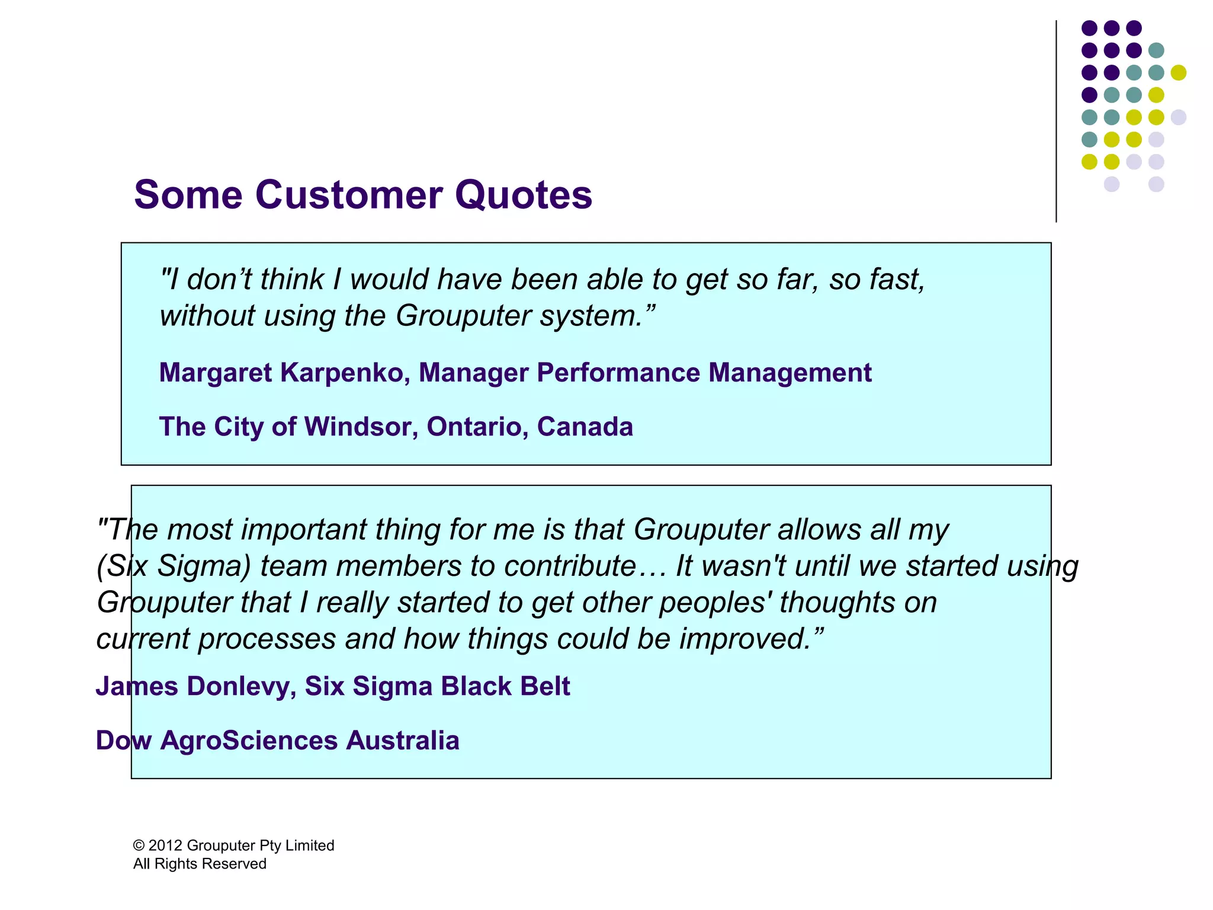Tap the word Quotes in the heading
(524, 194)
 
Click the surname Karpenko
(345, 373)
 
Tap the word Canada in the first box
(585, 427)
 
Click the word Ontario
(477, 427)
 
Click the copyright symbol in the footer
(139, 845)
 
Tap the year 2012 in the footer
(165, 845)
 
